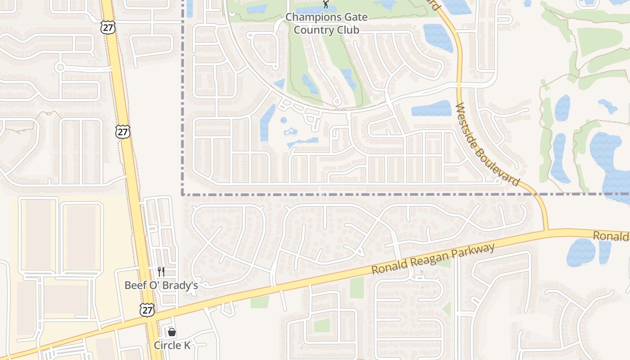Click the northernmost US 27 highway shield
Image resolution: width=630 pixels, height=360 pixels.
108,27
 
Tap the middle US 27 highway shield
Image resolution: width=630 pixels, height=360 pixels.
122,131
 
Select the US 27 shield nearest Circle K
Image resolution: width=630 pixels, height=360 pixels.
147,309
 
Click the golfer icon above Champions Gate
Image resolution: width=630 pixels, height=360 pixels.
326,4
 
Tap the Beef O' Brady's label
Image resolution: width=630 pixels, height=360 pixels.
161,285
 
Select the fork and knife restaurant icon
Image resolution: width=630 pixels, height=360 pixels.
161,271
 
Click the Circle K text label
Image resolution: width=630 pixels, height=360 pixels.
172,345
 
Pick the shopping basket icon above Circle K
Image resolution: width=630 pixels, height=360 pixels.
172,332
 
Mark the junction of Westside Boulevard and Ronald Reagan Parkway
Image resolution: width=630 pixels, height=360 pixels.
547,231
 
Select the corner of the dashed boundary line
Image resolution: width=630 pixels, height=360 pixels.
183,194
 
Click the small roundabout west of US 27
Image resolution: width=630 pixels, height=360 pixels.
59,67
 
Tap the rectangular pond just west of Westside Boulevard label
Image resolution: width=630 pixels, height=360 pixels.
431,108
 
